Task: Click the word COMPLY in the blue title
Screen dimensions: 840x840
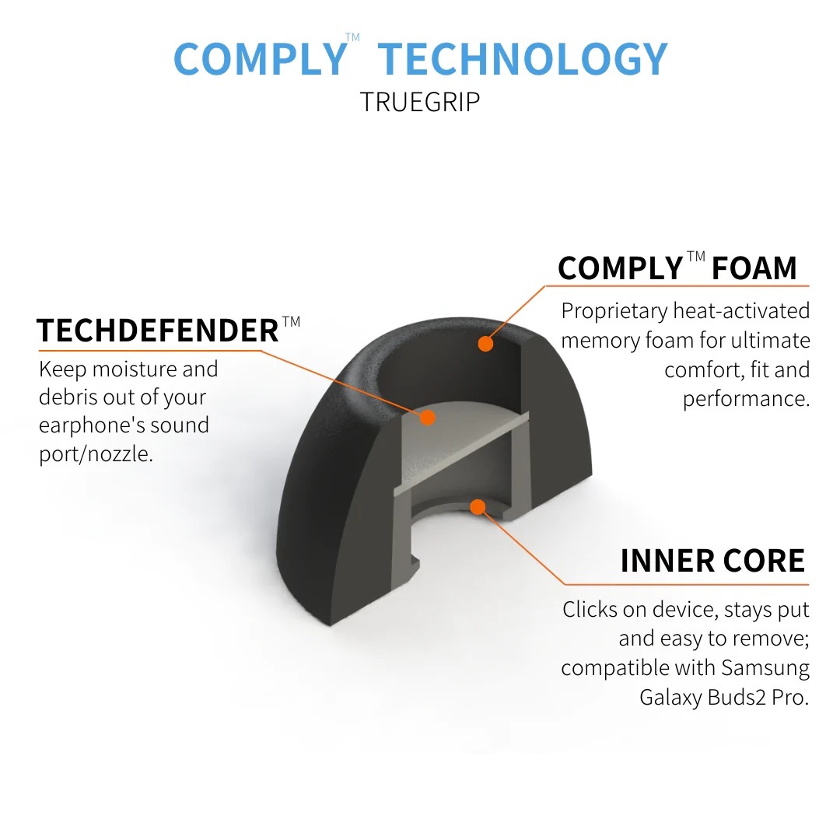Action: [259, 59]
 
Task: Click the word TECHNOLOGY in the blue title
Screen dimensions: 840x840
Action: [523, 59]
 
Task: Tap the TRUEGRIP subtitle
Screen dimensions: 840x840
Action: [420, 102]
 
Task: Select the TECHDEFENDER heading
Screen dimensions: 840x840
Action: [158, 331]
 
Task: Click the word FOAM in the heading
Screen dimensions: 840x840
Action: [754, 268]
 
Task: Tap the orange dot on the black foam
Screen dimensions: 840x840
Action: [485, 343]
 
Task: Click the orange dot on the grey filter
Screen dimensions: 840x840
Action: [426, 418]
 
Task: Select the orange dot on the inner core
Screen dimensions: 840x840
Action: [478, 507]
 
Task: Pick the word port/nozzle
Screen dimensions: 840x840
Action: [96, 453]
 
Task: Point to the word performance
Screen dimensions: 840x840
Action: [745, 399]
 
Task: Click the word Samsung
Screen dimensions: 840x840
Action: [765, 667]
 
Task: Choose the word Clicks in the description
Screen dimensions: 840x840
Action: [590, 609]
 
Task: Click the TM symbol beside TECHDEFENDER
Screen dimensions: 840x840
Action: [291, 321]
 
